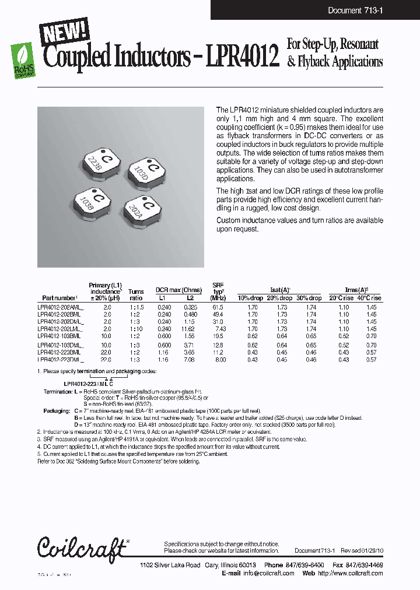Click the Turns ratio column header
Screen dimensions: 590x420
pyautogui.click(x=136, y=294)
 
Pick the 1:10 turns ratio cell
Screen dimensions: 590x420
pyautogui.click(x=136, y=329)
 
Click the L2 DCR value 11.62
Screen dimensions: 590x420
pyautogui.click(x=190, y=329)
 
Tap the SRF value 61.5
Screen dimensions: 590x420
pyautogui.click(x=218, y=306)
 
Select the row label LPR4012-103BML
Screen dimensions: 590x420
pyautogui.click(x=59, y=336)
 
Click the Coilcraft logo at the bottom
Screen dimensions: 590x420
pyautogui.click(x=82, y=547)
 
